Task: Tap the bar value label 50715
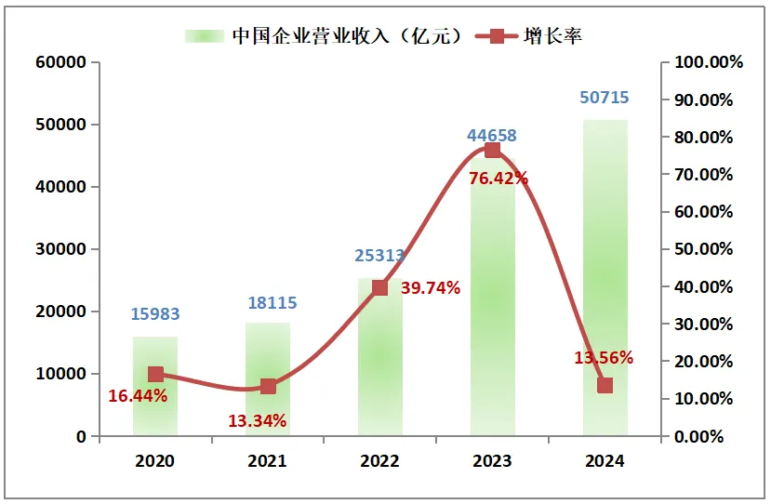click(605, 98)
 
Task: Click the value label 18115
click(268, 302)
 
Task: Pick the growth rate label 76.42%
click(498, 178)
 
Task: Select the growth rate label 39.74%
click(431, 288)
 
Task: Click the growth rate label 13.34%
click(258, 420)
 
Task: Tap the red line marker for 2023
click(492, 151)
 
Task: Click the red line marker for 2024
click(605, 385)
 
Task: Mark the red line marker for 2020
click(155, 375)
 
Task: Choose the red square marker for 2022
click(379, 287)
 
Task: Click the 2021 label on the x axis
click(268, 460)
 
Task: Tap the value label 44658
click(492, 136)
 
